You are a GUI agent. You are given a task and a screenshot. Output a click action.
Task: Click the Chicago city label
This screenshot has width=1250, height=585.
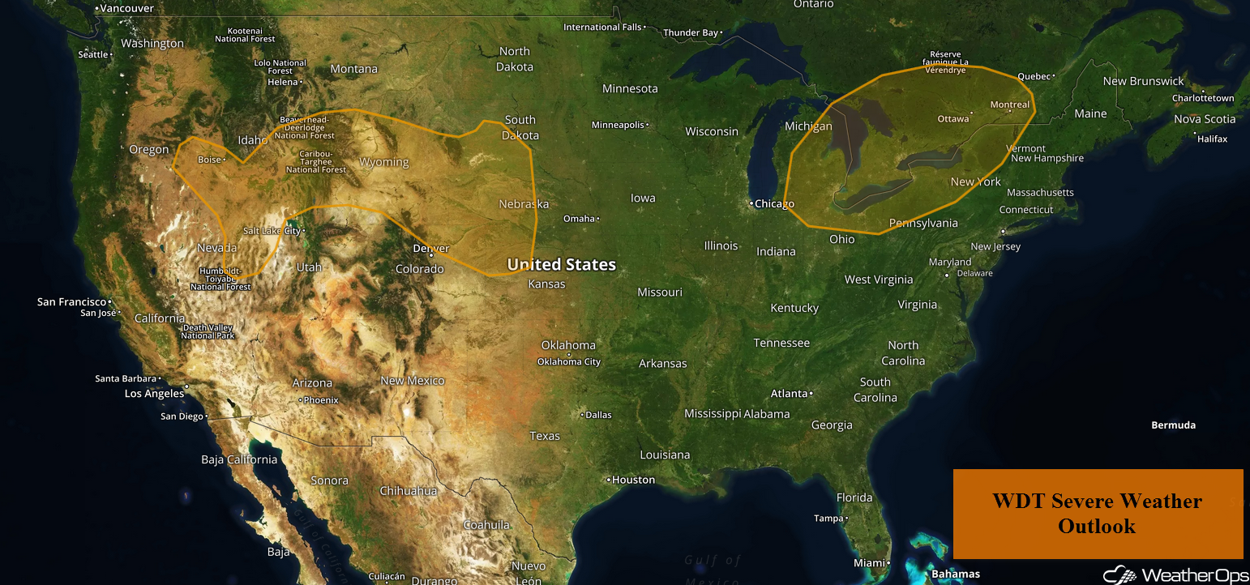tap(774, 203)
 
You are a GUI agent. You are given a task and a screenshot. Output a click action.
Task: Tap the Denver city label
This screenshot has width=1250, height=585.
tap(431, 249)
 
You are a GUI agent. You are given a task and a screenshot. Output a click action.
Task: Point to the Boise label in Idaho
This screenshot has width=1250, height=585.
tap(210, 160)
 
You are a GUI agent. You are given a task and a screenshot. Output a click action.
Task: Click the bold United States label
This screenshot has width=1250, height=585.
tap(561, 264)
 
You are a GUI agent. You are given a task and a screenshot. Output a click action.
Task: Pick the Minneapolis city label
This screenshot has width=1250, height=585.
tap(619, 125)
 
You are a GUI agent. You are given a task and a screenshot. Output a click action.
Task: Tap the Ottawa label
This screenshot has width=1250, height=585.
tap(953, 118)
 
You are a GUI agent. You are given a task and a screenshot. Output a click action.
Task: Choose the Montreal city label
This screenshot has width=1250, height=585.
tap(1010, 105)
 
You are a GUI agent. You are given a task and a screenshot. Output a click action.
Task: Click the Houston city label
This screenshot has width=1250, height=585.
tap(633, 480)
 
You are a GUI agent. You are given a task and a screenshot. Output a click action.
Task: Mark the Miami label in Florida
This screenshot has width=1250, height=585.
tap(869, 562)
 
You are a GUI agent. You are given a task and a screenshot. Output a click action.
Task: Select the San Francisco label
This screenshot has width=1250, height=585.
tap(71, 301)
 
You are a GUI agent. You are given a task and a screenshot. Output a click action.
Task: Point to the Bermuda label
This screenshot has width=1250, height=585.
tap(1173, 425)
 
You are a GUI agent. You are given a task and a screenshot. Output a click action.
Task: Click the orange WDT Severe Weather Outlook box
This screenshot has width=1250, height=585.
tap(1098, 514)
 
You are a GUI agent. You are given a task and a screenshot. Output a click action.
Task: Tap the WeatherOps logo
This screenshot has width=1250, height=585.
tap(1175, 574)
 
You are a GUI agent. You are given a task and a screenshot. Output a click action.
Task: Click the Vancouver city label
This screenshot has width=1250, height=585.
tap(126, 7)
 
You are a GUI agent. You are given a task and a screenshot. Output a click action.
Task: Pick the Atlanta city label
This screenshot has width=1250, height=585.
tap(789, 393)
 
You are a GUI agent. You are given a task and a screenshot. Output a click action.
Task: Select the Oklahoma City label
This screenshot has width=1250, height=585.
tap(569, 361)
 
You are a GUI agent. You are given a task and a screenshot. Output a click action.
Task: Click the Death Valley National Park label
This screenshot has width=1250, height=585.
tap(208, 331)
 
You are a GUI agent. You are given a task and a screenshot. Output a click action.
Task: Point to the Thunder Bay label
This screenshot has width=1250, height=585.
tap(691, 32)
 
